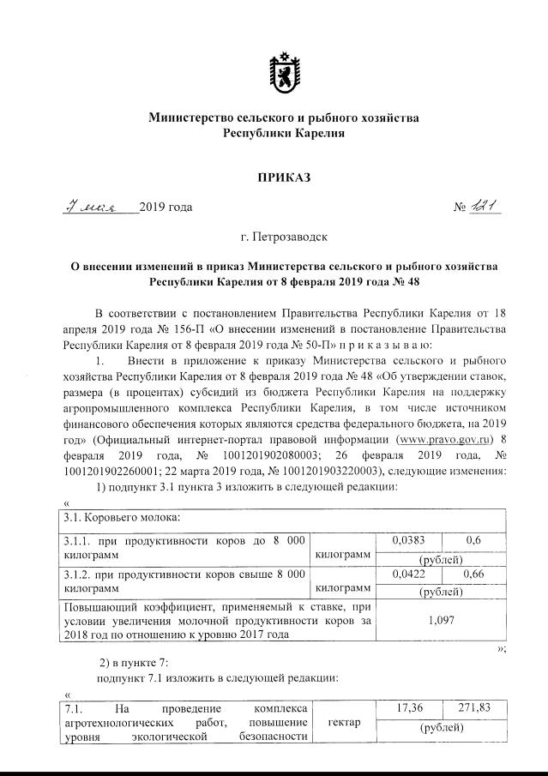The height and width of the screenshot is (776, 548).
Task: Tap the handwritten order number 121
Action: pyautogui.click(x=486, y=207)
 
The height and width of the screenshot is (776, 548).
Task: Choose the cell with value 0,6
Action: pyautogui.click(x=473, y=541)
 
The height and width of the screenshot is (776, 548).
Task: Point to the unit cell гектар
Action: pyautogui.click(x=343, y=725)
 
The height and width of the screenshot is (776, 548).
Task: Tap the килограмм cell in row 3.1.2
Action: pyautogui.click(x=343, y=588)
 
